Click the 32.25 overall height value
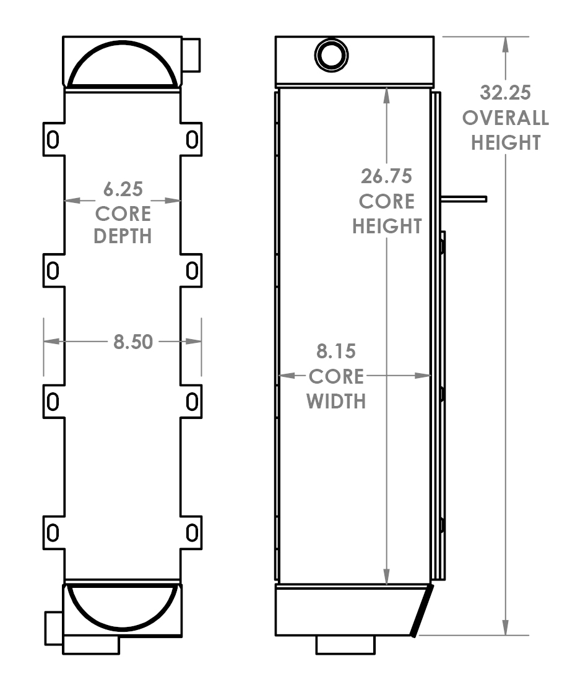(505, 92)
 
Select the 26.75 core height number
(386, 176)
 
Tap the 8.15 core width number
(336, 351)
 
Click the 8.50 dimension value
(132, 341)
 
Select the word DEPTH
(123, 236)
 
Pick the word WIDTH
(336, 401)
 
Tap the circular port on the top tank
(332, 55)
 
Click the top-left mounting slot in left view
(53, 139)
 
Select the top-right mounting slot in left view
(192, 139)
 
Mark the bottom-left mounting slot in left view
(53, 532)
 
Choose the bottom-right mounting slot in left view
(192, 532)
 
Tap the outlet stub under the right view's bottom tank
(345, 644)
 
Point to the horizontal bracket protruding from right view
(464, 199)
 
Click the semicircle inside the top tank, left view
(123, 65)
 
